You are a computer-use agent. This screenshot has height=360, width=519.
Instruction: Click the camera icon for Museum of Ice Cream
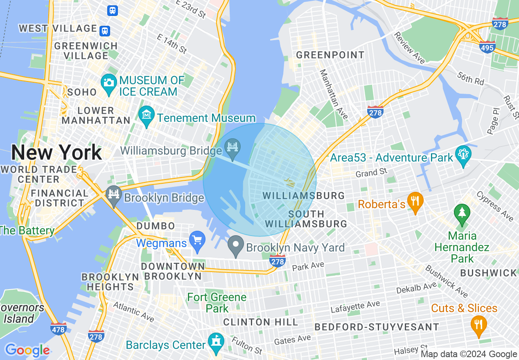click(x=108, y=82)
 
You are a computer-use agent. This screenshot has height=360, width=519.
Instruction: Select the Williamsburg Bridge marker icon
click(x=233, y=146)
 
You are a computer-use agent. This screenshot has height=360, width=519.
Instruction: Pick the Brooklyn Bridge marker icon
click(x=113, y=194)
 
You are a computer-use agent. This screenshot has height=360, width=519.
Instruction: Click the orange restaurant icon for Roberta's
click(x=415, y=201)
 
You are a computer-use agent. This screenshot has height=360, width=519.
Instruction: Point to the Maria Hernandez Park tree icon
click(x=462, y=212)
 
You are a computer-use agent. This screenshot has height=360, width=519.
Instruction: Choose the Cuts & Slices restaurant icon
click(x=478, y=324)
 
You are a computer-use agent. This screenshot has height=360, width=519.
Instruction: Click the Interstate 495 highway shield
click(x=487, y=47)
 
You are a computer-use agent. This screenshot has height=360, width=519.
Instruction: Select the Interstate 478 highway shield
click(x=59, y=328)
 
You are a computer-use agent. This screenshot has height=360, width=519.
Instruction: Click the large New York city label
click(x=56, y=153)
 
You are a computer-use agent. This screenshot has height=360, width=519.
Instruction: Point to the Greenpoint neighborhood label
click(x=330, y=55)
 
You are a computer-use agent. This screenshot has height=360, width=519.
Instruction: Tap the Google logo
click(x=27, y=350)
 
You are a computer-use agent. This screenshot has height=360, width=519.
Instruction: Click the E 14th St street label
click(x=172, y=44)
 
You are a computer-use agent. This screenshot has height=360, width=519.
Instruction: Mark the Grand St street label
click(x=371, y=173)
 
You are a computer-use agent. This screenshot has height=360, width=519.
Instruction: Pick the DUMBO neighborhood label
click(x=156, y=226)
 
